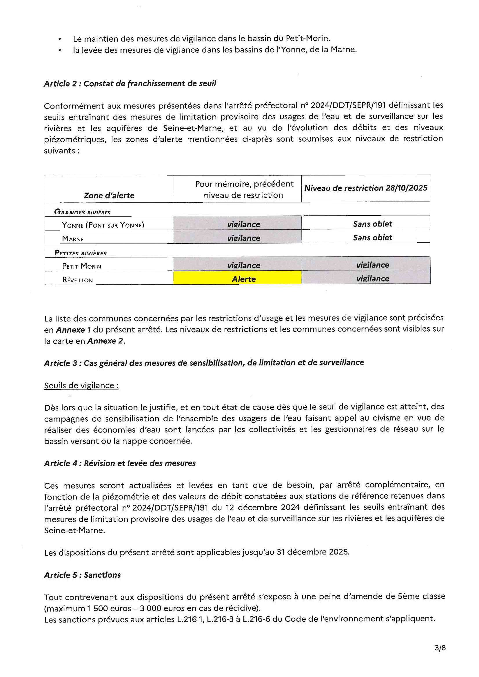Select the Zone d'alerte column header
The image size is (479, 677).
(x=109, y=195)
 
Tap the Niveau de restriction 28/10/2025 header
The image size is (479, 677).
(x=365, y=188)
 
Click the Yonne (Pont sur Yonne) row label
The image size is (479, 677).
(x=103, y=225)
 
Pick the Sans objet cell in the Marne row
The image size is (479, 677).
(x=372, y=238)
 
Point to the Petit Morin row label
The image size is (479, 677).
(x=81, y=266)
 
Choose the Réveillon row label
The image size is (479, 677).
(x=77, y=279)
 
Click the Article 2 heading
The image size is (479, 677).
(x=130, y=84)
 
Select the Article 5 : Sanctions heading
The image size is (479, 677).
(x=82, y=575)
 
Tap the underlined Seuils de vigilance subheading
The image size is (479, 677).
(x=81, y=385)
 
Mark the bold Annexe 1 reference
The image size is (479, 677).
(x=73, y=330)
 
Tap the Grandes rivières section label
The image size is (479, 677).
(x=82, y=212)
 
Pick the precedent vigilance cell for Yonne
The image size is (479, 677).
(x=243, y=224)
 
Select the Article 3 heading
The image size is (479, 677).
(x=204, y=363)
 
